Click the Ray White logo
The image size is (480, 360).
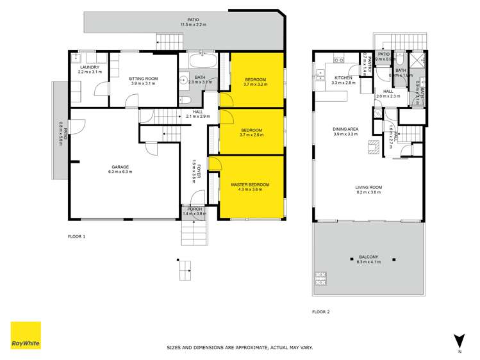pyautogui.click(x=26, y=336)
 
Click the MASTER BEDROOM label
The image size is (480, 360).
pyautogui.click(x=250, y=184)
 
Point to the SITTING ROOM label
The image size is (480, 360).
pyautogui.click(x=144, y=78)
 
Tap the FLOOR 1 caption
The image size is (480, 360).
pyautogui.click(x=76, y=236)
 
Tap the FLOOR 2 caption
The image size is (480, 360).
pyautogui.click(x=320, y=312)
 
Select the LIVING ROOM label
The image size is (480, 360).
pyautogui.click(x=368, y=187)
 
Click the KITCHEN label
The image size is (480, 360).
pyautogui.click(x=343, y=77)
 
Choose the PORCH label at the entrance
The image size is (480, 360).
pyautogui.click(x=194, y=209)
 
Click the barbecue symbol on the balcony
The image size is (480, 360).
pyautogui.click(x=320, y=279)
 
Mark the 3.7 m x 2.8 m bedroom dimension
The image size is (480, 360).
pyautogui.click(x=251, y=135)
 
